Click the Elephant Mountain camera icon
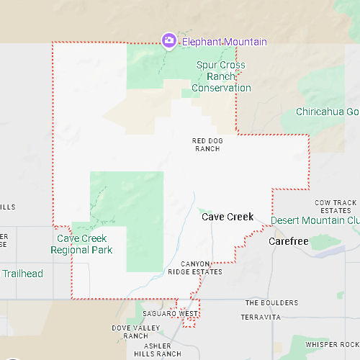point(168,40)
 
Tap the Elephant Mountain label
point(224,42)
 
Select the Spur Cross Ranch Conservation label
point(221,76)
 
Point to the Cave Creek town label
point(228,217)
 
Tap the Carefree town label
point(288,241)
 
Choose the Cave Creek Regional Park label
point(81,244)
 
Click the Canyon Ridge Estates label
point(202,268)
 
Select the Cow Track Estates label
point(336,206)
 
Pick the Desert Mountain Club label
point(315,220)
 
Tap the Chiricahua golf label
point(327,112)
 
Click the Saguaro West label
point(170,314)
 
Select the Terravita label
point(261,317)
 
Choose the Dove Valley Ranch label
point(130,332)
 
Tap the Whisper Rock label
point(331,345)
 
